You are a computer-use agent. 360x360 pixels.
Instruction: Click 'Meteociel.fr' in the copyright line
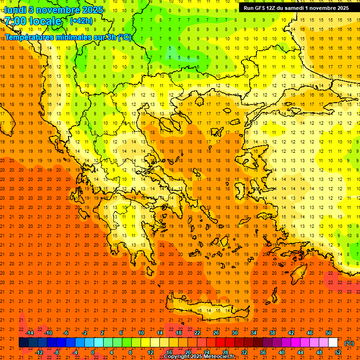218,357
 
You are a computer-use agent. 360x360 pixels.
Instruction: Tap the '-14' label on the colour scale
30,332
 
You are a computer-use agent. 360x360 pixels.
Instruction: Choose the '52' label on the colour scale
338,352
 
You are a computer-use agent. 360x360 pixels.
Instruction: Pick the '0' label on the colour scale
92,352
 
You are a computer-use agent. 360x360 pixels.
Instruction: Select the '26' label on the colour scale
216,332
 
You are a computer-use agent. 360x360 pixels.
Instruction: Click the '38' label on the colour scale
272,332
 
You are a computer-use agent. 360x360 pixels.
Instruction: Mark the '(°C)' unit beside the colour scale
349,343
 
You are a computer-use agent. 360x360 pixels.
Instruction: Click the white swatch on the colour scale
333,343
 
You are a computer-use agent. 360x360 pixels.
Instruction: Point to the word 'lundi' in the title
15,10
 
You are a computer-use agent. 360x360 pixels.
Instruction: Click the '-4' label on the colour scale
75,352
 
